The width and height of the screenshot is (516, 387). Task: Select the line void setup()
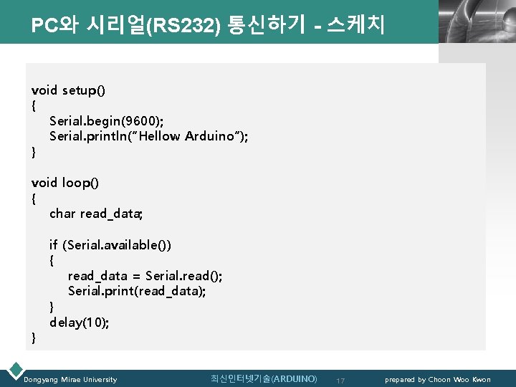tap(68, 90)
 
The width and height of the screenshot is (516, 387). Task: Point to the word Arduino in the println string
tap(211, 136)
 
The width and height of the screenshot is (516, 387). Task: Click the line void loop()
tap(65, 183)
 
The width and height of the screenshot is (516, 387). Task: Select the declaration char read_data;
tap(97, 214)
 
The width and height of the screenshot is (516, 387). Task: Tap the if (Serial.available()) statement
tap(110, 245)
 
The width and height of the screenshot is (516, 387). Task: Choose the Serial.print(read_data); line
tap(137, 291)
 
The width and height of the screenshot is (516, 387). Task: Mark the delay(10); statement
tap(80, 322)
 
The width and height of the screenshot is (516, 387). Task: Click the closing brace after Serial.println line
tap(34, 152)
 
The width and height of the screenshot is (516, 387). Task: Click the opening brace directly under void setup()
tap(34, 106)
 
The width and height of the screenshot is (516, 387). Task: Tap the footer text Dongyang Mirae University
tap(70, 379)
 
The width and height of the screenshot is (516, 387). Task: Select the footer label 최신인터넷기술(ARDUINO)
tap(264, 378)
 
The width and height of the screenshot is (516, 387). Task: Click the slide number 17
tap(341, 380)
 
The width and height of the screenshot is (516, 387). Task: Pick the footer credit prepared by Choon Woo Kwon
tap(438, 379)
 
